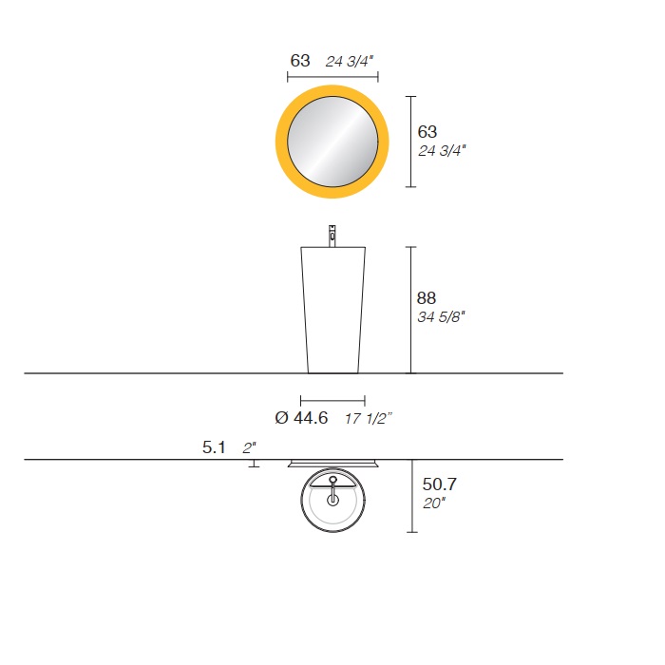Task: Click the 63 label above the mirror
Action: [x=300, y=61]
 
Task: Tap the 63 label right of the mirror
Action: [x=427, y=132]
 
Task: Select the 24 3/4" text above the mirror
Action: [x=349, y=62]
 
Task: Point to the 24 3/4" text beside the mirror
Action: [x=442, y=150]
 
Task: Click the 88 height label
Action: [x=427, y=298]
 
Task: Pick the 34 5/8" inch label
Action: [x=441, y=316]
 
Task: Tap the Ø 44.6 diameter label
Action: [x=301, y=418]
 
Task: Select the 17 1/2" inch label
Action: [x=369, y=419]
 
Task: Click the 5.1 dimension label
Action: [x=214, y=447]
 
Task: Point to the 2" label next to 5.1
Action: [x=249, y=447]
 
